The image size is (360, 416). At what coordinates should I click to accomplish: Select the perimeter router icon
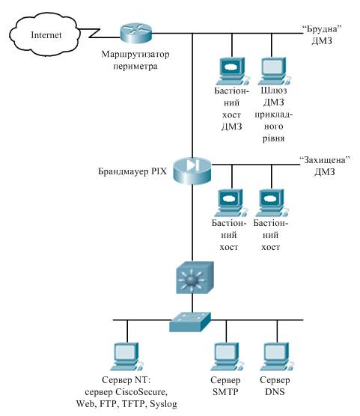135,34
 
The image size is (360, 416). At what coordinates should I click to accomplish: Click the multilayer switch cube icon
195,278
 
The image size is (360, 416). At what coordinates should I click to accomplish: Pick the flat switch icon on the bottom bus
190,322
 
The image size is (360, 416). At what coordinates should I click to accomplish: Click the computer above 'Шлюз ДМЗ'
273,71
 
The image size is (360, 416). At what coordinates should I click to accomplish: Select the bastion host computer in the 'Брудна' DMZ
233,71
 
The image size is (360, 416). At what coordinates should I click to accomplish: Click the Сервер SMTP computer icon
227,356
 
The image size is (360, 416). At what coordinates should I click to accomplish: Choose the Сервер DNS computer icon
277,356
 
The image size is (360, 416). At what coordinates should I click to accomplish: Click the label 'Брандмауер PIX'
132,171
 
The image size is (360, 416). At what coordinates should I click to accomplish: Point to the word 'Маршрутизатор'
135,55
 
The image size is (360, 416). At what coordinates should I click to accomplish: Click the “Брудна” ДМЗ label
322,34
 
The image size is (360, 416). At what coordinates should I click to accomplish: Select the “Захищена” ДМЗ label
324,166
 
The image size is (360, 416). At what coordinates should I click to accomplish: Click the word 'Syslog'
164,404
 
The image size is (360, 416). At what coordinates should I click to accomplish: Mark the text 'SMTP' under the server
225,392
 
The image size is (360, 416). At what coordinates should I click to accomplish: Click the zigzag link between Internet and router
100,33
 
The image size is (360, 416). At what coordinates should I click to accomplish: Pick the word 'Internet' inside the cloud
46,35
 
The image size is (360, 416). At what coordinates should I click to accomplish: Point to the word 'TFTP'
133,404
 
